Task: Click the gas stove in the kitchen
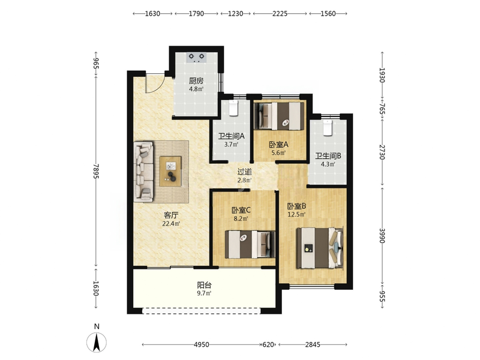pos(197,57)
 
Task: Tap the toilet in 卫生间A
pos(233,108)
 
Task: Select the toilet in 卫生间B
pos(328,128)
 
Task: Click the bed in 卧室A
pos(280,115)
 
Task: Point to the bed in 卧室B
pos(320,248)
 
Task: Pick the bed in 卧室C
pos(250,244)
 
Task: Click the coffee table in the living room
pos(170,171)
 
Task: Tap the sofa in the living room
pos(143,172)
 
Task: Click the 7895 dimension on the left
pos(96,172)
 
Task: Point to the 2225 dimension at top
pos(280,13)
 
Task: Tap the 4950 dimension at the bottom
pos(202,344)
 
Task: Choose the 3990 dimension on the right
pos(382,235)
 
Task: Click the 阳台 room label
pos(204,286)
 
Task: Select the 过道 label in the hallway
pos(245,172)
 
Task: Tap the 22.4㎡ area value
pos(171,223)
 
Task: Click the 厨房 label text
pos(196,81)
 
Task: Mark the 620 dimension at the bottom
pos(268,344)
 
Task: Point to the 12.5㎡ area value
pos(296,214)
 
